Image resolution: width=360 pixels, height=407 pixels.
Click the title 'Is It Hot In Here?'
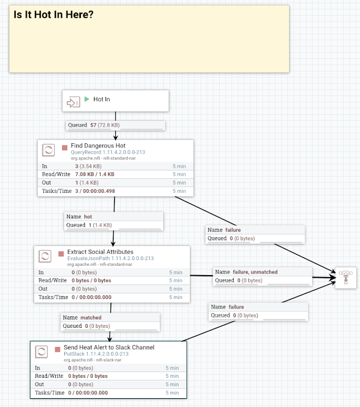54,15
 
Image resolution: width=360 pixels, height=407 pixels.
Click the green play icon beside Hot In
87,99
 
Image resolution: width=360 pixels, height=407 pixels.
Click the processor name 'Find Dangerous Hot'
98,146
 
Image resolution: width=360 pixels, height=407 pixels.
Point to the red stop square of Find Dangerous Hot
65,147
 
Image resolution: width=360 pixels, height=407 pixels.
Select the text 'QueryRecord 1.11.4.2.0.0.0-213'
108,152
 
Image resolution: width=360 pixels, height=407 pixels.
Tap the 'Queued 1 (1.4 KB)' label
89,225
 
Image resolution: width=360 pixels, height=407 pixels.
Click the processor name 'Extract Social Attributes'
100,252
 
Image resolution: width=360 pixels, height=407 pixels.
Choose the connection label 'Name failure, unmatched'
246,272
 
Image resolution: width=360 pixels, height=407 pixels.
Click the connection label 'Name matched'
82,317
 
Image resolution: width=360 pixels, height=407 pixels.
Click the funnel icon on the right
345,277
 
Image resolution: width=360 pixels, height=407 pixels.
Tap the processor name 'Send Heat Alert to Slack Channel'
109,347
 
